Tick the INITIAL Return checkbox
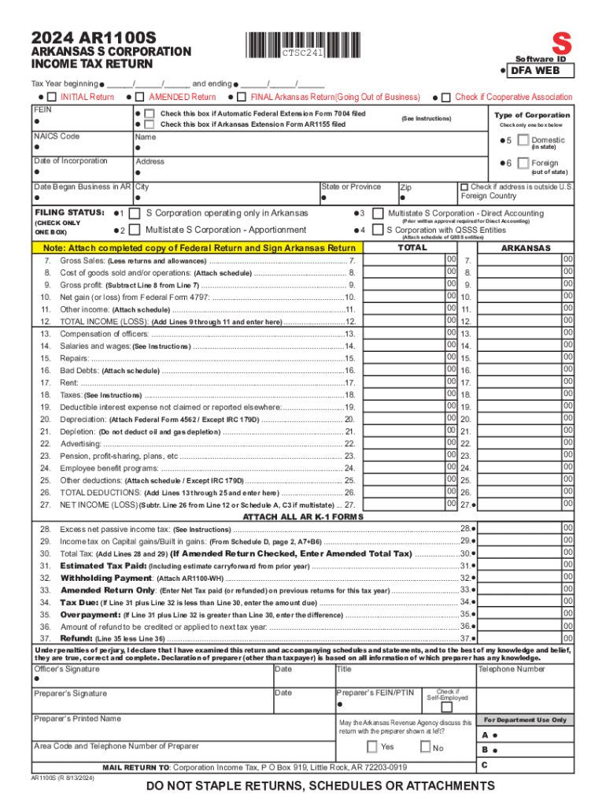51,97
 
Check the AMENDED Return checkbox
139,97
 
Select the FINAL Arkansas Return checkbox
241,97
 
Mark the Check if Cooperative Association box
446,97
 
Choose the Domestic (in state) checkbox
523,140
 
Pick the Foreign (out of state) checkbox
523,163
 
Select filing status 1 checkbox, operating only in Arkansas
135,213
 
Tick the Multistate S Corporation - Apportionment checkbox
135,230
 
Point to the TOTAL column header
412,247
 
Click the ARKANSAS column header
526,248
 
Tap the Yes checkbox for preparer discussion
372,746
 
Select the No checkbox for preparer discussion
425,746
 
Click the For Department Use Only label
524,719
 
